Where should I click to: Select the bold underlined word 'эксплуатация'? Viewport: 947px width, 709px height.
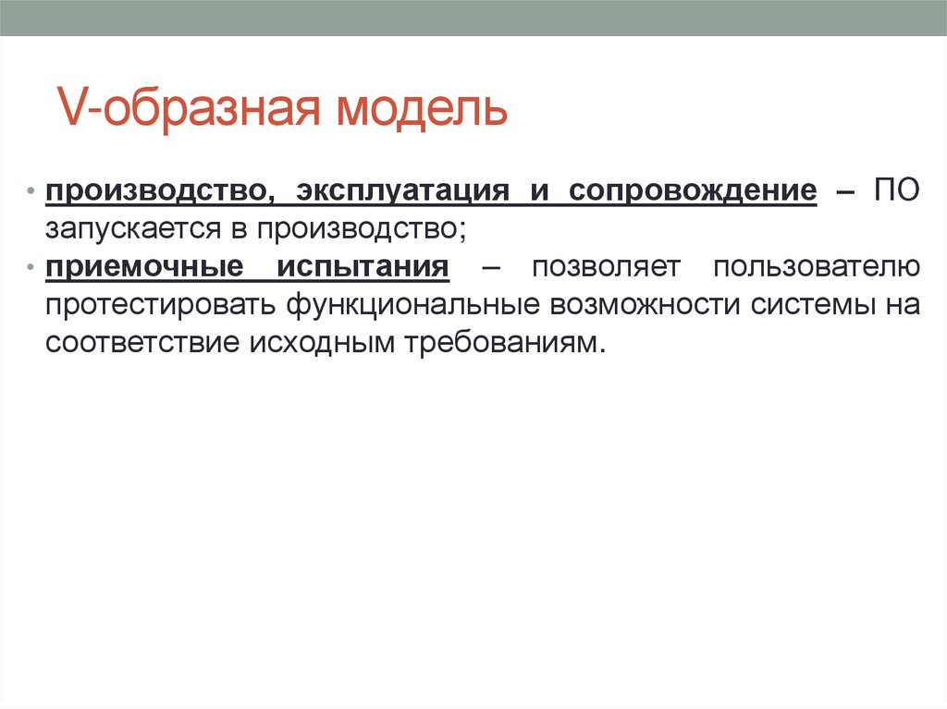coord(402,190)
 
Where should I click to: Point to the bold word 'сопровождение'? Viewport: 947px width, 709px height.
coord(693,190)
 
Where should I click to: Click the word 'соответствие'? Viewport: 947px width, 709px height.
coord(139,343)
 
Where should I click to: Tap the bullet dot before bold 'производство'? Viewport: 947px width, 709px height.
coord(31,191)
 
